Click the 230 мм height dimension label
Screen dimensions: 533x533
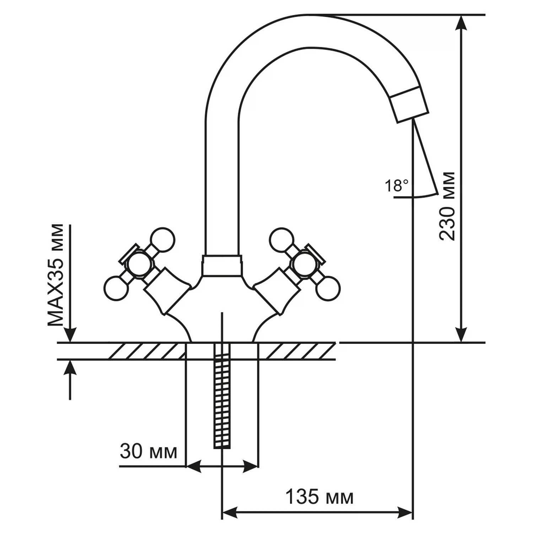pos(447,206)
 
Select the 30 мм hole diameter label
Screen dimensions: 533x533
pos(148,452)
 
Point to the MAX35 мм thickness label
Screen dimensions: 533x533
pos(56,275)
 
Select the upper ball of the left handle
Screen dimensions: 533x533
pos(163,240)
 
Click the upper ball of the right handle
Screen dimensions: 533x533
pos(282,240)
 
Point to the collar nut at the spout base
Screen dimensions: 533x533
pos(222,265)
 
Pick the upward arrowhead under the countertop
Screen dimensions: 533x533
pos(71,368)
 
